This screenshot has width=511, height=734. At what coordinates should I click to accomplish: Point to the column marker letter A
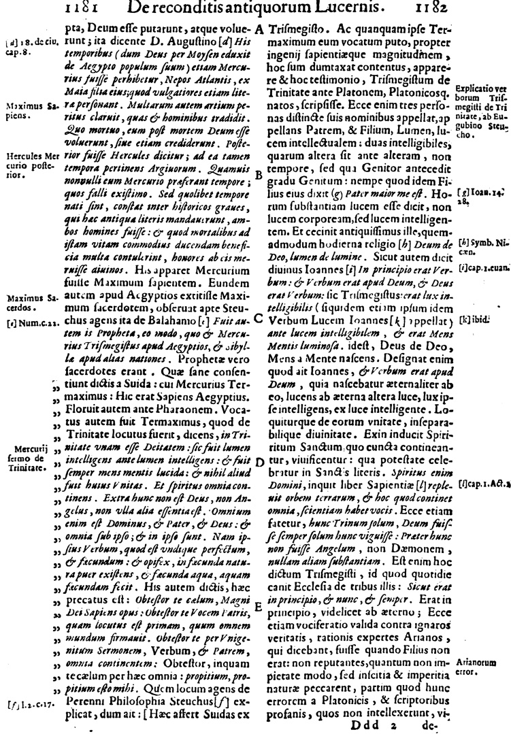point(259,31)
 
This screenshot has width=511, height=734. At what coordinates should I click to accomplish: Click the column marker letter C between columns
point(259,316)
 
